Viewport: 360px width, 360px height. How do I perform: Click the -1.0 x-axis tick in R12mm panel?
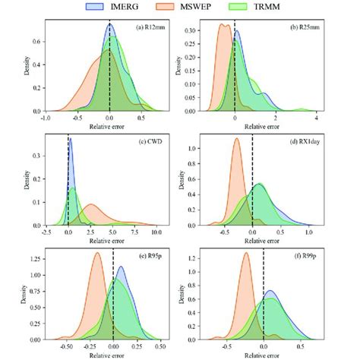coord(45,118)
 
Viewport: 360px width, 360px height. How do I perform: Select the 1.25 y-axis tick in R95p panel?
coord(32,257)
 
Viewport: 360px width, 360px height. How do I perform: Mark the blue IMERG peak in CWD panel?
coord(70,141)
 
